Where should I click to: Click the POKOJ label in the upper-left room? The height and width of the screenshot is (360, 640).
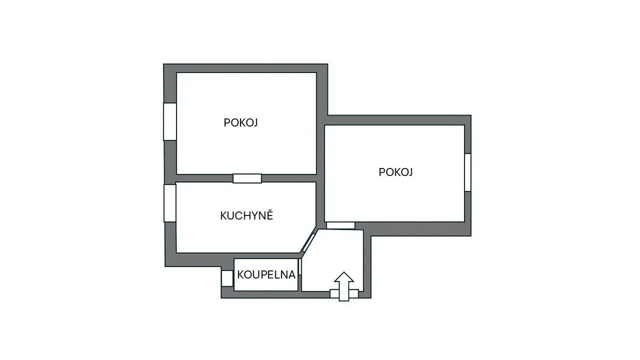click(241, 123)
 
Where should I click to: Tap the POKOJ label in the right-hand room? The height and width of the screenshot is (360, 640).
click(396, 172)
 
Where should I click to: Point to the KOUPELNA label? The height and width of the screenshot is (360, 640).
click(266, 275)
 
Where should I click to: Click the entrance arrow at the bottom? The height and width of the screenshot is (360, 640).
click(344, 286)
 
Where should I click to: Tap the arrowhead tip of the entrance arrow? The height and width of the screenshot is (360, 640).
click(344, 271)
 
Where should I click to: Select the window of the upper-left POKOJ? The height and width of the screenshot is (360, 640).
click(170, 122)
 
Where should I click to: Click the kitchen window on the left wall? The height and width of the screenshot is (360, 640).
click(170, 203)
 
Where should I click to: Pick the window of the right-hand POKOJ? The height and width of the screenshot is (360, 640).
click(468, 172)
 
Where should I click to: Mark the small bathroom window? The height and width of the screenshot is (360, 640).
click(227, 278)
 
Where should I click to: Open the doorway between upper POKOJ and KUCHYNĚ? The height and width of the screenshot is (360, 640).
click(247, 178)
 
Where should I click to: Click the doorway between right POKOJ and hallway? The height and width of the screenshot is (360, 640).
click(341, 226)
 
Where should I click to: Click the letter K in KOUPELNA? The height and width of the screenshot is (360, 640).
click(241, 275)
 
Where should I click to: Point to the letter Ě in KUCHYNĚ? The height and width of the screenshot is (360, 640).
click(270, 214)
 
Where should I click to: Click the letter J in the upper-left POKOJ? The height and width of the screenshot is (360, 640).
click(255, 123)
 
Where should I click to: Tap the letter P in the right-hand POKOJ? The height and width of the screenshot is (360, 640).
click(382, 172)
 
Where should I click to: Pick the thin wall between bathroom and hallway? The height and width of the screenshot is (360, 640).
click(300, 275)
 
